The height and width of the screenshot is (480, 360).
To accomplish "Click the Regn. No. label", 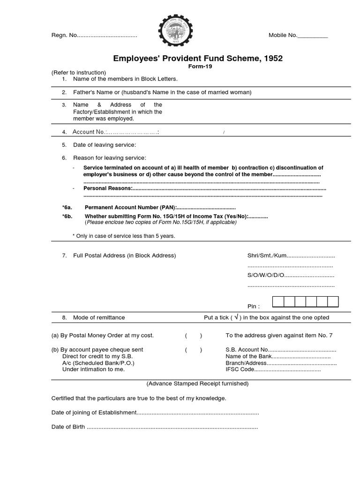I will [63, 36].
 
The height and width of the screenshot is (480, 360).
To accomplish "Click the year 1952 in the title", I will [273, 59].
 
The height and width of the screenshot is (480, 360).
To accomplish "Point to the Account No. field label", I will [89, 132].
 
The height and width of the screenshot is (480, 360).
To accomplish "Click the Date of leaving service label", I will [105, 145].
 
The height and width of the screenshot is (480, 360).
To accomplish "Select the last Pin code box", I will [333, 301].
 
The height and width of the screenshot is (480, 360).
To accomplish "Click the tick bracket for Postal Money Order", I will [194, 336].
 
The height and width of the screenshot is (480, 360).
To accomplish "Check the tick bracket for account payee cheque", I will [194, 350].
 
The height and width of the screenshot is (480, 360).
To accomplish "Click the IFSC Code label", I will [240, 369].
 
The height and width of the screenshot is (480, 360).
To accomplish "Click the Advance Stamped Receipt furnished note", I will [198, 383].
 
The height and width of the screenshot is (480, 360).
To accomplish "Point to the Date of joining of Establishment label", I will [94, 412].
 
